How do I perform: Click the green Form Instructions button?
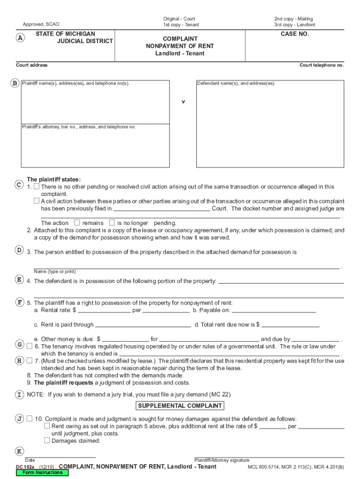pos(42,472)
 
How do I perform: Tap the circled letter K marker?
pos(19,451)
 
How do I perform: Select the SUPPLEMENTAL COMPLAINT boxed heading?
pos(180,406)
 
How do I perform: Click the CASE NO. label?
pos(295,34)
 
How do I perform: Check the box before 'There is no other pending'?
pos(36,187)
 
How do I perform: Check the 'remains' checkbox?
pos(77,223)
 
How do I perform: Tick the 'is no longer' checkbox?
pos(112,223)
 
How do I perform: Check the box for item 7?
pos(29,361)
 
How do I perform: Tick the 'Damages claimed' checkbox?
pos(47,440)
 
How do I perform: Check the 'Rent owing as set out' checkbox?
pos(47,426)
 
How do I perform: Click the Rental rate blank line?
pos(104,311)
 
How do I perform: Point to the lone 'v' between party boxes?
pos(183,102)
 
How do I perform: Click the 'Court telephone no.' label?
pos(322,65)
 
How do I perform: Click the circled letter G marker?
pos(20,345)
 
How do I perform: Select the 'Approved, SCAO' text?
pos(41,24)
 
